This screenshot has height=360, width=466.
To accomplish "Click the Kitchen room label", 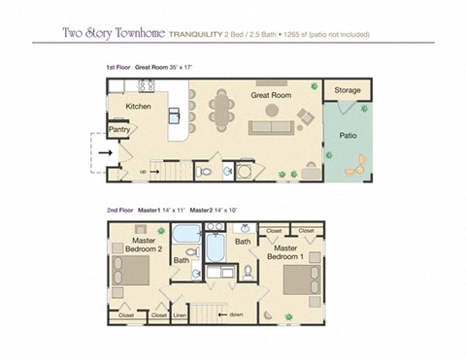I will tap(138, 106).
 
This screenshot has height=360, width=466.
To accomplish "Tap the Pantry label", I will tap(119, 128).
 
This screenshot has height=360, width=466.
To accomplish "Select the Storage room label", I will tap(347, 90).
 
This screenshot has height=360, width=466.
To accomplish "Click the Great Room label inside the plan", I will tap(273, 95).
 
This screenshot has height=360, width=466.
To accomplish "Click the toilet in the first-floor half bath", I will tap(202, 172).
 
